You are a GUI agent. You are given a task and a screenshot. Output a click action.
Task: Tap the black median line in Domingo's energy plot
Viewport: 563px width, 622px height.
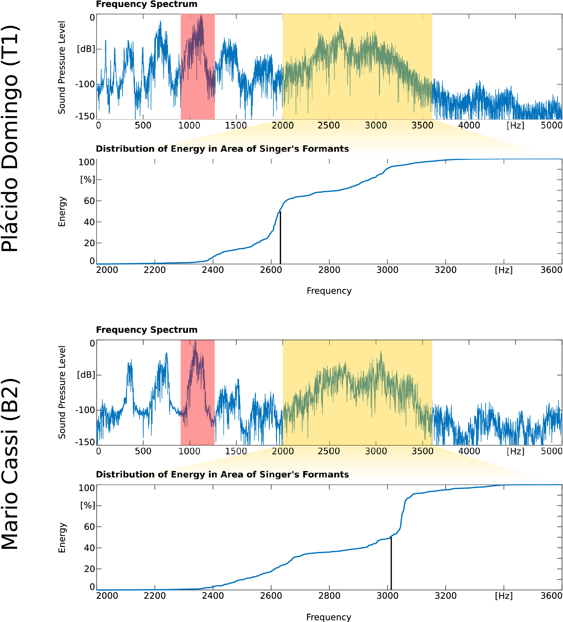coord(280,238)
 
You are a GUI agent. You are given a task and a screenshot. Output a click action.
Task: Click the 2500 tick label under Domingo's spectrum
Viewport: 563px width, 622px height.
coord(329,126)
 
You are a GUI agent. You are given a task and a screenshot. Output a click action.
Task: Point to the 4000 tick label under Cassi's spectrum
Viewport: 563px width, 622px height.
coord(469,451)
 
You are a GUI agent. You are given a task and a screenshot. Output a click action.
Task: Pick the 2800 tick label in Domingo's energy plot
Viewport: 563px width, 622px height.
coord(329,270)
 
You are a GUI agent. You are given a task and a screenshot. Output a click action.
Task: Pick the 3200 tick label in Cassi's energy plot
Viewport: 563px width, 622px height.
coord(445,596)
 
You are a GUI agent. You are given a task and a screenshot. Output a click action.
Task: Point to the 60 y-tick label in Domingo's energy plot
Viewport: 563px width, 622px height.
coord(89,201)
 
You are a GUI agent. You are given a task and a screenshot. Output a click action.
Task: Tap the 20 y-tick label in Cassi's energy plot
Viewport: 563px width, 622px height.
coord(89,568)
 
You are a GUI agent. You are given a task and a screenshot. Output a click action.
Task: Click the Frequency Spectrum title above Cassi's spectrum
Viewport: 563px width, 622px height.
coord(146,330)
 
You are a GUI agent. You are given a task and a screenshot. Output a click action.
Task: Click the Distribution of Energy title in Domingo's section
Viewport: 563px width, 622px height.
coord(222,149)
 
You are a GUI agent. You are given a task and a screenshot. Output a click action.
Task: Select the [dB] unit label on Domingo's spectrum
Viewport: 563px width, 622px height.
coord(86,49)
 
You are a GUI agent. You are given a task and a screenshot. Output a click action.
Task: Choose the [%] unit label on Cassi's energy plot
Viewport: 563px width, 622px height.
coord(87,505)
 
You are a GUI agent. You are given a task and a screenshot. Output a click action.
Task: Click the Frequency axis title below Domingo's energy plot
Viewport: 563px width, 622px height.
coord(329,291)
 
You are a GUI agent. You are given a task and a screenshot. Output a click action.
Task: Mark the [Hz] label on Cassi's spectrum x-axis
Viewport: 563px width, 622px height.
coord(515,451)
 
